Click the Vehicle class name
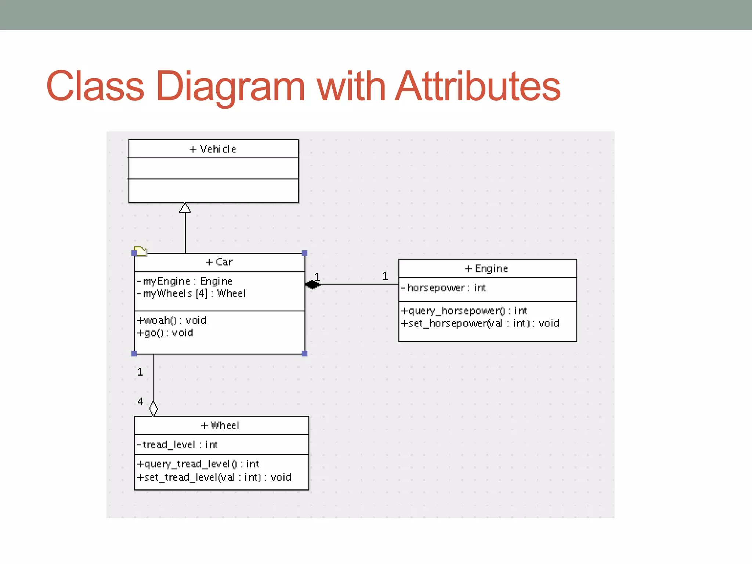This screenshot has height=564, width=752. point(213,149)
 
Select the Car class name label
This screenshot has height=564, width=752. point(219,262)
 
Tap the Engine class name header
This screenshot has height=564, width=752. point(487,269)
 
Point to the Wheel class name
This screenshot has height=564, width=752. point(220,426)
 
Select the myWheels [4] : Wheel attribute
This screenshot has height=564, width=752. point(191,294)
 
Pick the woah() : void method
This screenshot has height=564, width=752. point(171,321)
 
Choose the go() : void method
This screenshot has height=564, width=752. point(165,333)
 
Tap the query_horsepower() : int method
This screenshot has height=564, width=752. point(464,311)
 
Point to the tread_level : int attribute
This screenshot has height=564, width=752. point(177,445)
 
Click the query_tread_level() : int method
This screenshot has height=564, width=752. point(198,464)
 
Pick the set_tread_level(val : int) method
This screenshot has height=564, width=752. point(214,477)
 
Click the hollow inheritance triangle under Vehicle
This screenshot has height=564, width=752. point(185,208)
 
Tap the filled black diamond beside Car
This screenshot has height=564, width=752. point(312,284)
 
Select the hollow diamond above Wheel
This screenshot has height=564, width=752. point(153,409)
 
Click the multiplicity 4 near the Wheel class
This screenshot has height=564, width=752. point(140,402)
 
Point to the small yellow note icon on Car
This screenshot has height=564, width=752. point(140,251)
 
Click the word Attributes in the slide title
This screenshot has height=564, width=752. point(478,86)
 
